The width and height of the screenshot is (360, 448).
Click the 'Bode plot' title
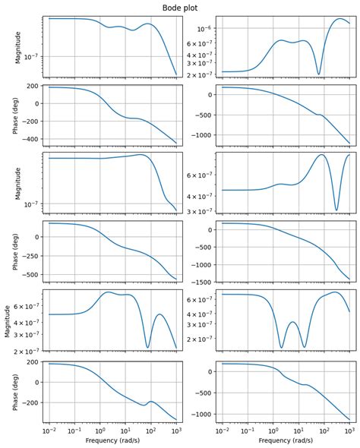point(180,6)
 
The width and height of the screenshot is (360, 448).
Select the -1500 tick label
point(201,282)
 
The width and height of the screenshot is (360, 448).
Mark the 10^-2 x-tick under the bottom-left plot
point(49,431)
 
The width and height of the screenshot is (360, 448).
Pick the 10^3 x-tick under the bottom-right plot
point(349,431)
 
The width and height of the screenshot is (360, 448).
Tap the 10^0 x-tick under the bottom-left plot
point(100,431)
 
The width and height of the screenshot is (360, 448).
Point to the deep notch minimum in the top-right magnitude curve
point(318,74)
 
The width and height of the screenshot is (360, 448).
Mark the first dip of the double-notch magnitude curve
point(282,348)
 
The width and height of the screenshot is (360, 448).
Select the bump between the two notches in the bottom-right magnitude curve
point(293,322)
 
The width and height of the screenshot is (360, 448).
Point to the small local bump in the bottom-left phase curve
point(150,401)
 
